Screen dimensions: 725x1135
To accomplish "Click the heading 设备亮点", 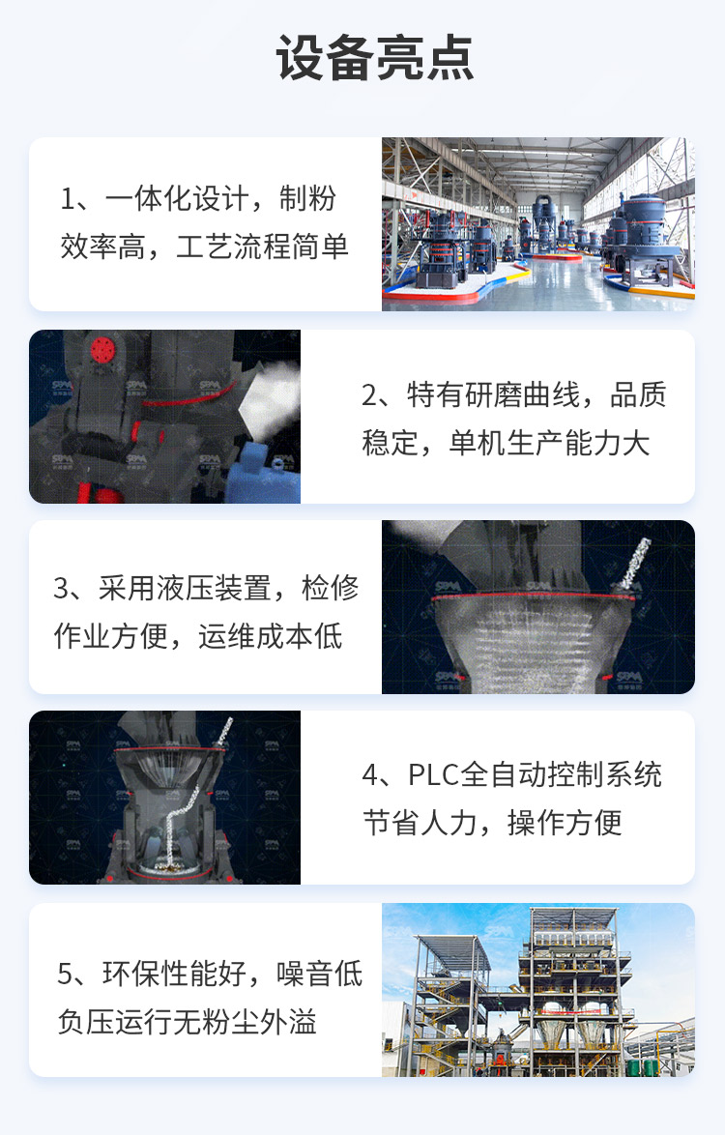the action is click(375, 58).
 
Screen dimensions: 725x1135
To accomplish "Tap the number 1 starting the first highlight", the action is click(68, 198).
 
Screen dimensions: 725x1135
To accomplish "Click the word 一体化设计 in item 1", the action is click(177, 198).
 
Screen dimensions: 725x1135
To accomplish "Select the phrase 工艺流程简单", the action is click(262, 247).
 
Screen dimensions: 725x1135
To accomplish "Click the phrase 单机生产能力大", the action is click(550, 443).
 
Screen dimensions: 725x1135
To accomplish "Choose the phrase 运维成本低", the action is click(271, 636).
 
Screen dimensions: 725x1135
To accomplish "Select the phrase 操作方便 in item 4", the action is click(565, 823).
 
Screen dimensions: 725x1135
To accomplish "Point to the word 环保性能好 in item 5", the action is click(174, 974).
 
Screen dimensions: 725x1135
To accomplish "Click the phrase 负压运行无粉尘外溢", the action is click(188, 1022).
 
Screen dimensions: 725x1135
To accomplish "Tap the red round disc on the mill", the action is click(103, 350).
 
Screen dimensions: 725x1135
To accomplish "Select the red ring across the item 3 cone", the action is click(536, 596).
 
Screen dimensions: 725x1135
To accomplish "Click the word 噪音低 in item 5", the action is click(319, 974).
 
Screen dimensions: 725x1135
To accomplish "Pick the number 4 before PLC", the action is click(369, 775).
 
